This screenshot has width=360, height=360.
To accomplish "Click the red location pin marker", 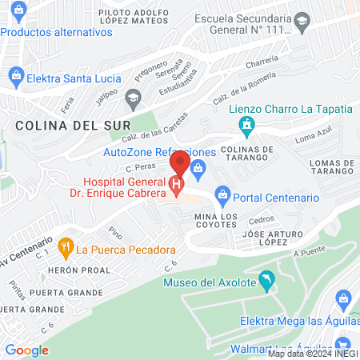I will (179, 163).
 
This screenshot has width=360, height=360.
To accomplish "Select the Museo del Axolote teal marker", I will (267, 281).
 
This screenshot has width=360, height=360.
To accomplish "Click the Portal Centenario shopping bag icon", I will (222, 194).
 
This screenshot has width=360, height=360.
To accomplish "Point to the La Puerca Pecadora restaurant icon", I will (66, 248).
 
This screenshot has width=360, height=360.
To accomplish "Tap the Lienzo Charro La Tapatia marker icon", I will (248, 125).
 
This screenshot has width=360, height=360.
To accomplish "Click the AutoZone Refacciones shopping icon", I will (199, 166).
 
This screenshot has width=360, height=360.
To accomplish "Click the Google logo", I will (26, 350).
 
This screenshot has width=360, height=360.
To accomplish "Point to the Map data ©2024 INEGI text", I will (312, 353).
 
